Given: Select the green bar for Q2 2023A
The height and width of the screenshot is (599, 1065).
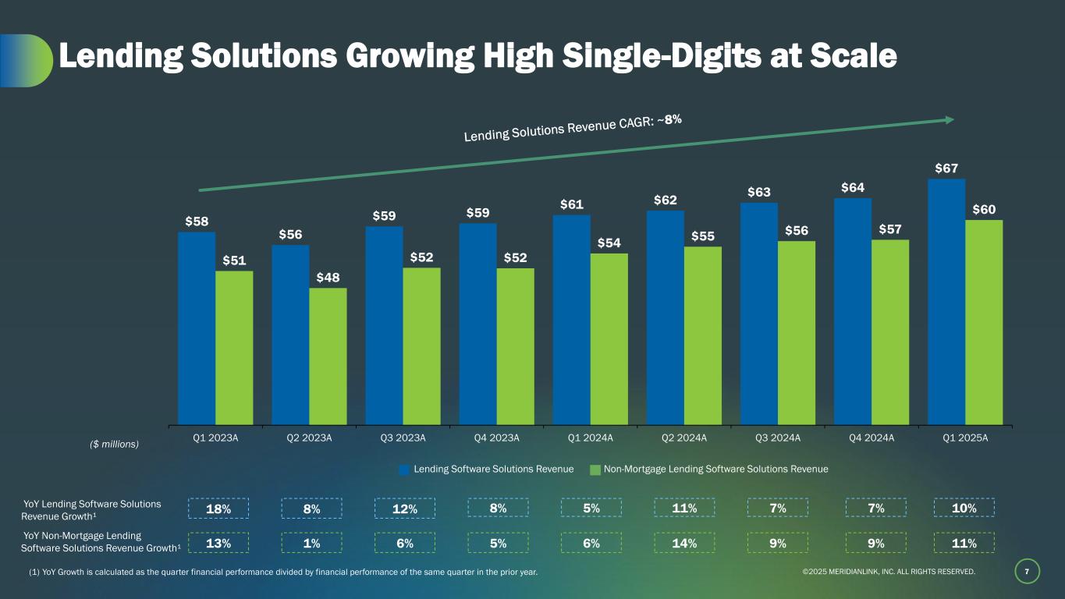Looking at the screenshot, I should coord(328,356).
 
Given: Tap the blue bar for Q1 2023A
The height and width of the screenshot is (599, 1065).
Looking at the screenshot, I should coord(197,328).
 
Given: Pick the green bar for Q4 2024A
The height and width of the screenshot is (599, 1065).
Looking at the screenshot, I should coord(890,332).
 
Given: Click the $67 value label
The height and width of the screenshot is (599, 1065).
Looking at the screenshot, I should coord(946,168).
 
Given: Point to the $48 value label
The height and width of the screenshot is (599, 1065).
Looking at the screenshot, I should coord(328,278).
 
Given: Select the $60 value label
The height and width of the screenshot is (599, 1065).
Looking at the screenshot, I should coord(984,210).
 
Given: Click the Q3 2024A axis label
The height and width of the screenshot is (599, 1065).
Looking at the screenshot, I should coord(778,438).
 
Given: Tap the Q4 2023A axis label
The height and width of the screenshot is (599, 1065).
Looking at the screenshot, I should coord(497,438).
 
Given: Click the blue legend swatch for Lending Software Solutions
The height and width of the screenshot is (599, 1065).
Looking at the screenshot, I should coord(404,470).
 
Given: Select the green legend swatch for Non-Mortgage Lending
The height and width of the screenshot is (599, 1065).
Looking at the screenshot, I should coord(595,470).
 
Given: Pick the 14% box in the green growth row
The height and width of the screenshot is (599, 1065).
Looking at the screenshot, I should coord(684,543).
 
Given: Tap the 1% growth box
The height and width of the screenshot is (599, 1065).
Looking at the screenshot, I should coord(311,543).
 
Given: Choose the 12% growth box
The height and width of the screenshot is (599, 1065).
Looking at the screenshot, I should coord(404,509).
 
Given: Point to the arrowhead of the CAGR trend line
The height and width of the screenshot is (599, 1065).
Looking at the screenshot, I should coord(950,119).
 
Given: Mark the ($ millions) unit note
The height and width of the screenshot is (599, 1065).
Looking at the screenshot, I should coord(111,444).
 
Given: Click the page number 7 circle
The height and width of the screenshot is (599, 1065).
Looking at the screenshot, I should coord(1027,572).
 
